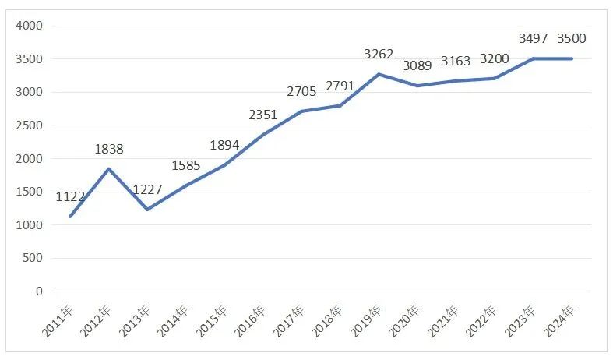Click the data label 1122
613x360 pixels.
[x=70, y=197]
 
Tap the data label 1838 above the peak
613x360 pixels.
[x=109, y=149]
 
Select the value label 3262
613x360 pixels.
[x=379, y=55]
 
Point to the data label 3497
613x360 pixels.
[x=534, y=38]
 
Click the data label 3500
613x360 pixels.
[x=572, y=38]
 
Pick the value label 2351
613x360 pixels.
[x=263, y=115]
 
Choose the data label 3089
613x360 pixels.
[x=417, y=65]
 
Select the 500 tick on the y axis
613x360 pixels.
[x=33, y=259]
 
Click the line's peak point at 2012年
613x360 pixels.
[x=109, y=169]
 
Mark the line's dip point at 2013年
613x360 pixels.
[x=147, y=210]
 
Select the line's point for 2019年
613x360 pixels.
[x=379, y=74]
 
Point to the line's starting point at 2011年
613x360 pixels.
[x=70, y=217]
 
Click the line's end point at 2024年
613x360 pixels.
[x=572, y=58]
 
